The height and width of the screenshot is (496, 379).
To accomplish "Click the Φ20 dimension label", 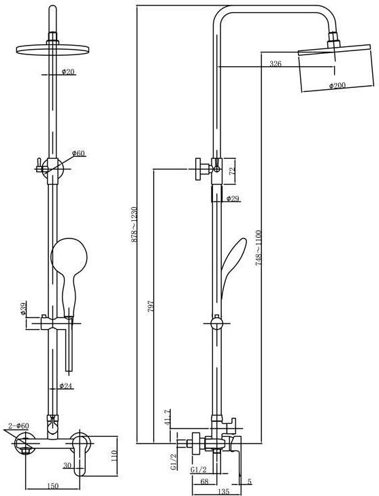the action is pyautogui.click(x=68, y=72).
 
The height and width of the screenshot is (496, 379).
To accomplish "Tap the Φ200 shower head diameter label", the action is pyautogui.click(x=337, y=85).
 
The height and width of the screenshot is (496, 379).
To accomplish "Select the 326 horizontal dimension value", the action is pyautogui.click(x=276, y=63).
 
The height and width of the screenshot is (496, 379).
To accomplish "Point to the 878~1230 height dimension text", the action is pyautogui.click(x=134, y=225).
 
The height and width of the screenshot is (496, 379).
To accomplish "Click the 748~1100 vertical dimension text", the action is pyautogui.click(x=259, y=248).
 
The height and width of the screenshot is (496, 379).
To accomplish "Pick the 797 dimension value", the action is pyautogui.click(x=150, y=307).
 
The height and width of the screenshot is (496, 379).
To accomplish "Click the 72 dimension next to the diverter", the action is pyautogui.click(x=232, y=171).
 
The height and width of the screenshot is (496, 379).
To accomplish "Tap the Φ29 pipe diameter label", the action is pyautogui.click(x=233, y=199).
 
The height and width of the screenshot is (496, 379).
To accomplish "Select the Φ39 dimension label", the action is pyautogui.click(x=23, y=309).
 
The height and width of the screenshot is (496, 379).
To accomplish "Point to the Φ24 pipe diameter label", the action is pyautogui.click(x=66, y=386).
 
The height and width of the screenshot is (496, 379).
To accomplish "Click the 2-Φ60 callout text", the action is pyautogui.click(x=18, y=426).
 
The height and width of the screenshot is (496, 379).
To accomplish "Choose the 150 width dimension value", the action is pyautogui.click(x=53, y=486).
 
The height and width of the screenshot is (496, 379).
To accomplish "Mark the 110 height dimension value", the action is pyautogui.click(x=114, y=456).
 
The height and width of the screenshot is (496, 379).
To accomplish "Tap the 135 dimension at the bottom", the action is pyautogui.click(x=223, y=492).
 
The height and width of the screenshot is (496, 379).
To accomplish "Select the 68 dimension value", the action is pyautogui.click(x=205, y=481).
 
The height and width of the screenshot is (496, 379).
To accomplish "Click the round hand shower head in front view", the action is pyautogui.click(x=69, y=255).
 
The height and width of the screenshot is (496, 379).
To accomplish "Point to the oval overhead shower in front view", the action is pyautogui.click(x=53, y=50).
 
